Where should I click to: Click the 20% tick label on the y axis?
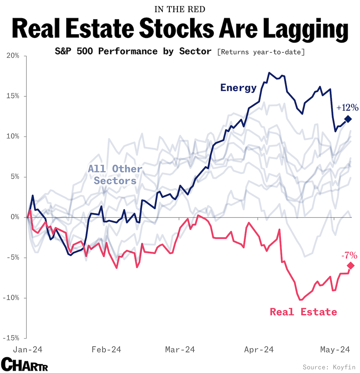tap(13, 56)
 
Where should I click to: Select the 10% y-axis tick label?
tap(13, 137)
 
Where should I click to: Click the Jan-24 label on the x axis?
tap(27, 350)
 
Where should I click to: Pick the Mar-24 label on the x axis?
tap(180, 350)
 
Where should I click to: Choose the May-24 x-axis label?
tap(335, 350)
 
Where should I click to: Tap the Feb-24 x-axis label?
tap(106, 350)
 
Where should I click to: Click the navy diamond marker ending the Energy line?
tap(348, 119)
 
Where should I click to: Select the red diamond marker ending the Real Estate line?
tap(351, 266)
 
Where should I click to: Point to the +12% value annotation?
tap(347, 108)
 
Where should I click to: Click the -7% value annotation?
tap(349, 256)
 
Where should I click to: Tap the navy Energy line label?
tap(238, 88)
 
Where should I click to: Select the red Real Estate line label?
tap(303, 312)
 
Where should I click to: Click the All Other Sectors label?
tap(115, 175)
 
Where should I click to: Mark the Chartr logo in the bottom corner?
tap(24, 364)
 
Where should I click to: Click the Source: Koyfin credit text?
tap(329, 367)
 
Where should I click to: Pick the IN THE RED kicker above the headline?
tap(180, 9)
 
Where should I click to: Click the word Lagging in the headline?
tap(305, 29)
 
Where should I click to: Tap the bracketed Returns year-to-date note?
tap(261, 52)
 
